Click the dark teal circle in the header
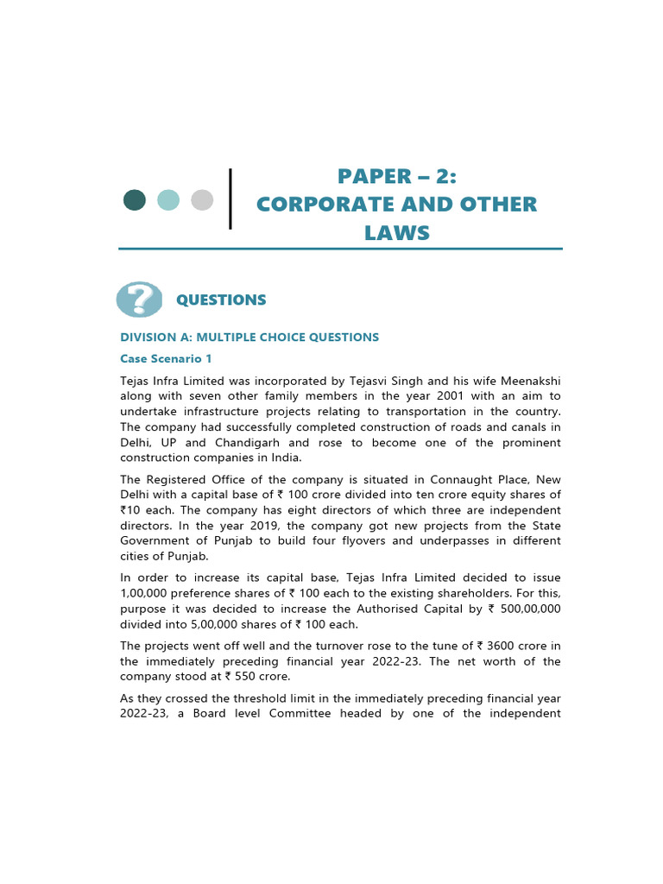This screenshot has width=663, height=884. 135,200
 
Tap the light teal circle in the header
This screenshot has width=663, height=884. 168,200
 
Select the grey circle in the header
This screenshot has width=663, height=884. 202,200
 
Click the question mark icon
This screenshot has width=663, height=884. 138,300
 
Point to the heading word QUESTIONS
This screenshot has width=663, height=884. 221,300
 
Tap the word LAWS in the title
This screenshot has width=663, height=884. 397,233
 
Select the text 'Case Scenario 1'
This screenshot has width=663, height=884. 166,358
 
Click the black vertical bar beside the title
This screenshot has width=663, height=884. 230,199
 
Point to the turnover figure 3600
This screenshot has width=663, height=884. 506,646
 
